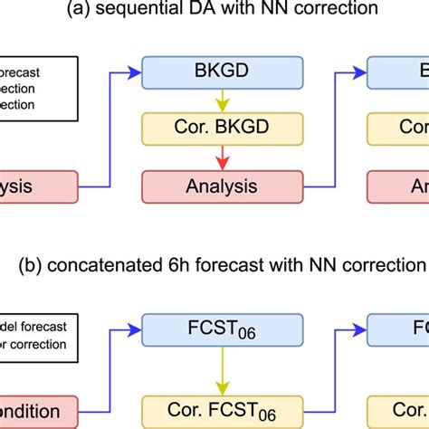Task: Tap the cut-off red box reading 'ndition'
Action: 38,411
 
